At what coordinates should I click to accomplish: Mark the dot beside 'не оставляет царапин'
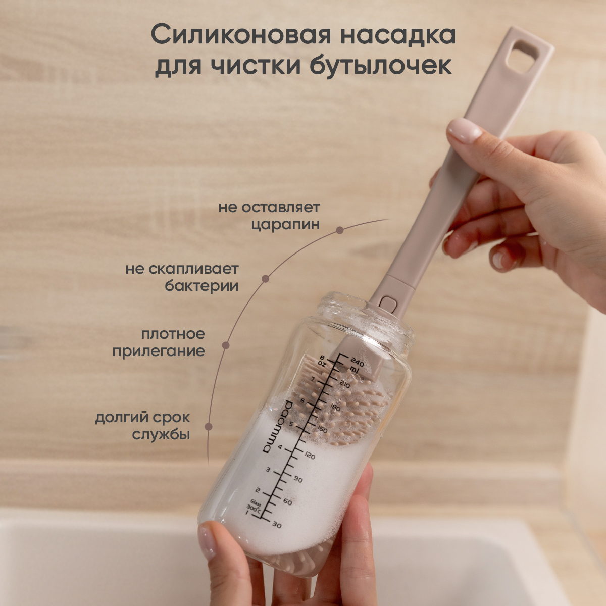click(340, 230)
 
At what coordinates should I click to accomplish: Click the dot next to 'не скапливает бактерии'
click(266, 279)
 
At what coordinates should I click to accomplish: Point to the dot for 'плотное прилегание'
click(226, 346)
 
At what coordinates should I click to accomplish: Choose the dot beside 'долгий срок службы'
click(208, 426)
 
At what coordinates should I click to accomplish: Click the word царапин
click(285, 225)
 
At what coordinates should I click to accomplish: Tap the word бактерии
click(201, 286)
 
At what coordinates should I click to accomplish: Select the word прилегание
click(159, 351)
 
